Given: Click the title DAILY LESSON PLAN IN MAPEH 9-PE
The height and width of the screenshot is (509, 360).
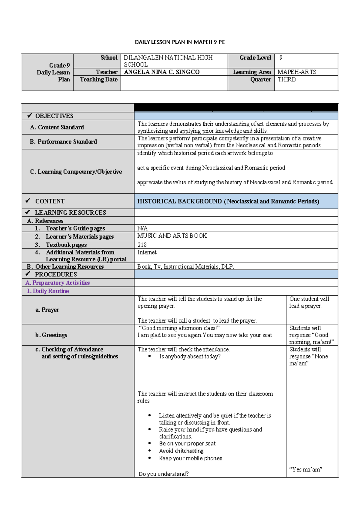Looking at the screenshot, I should pyautogui.click(x=180, y=42).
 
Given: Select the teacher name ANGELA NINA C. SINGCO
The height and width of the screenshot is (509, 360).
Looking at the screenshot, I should pyautogui.click(x=162, y=72).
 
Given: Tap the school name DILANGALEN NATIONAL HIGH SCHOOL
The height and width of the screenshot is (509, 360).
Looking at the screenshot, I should pyautogui.click(x=168, y=61).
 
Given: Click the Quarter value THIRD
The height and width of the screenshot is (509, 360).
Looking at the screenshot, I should pyautogui.click(x=287, y=80).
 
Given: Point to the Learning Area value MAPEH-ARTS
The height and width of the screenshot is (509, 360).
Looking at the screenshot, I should pyautogui.click(x=297, y=72).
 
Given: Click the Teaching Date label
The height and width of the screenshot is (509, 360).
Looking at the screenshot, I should pyautogui.click(x=99, y=80).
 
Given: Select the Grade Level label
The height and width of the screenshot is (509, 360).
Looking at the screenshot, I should pyautogui.click(x=255, y=58).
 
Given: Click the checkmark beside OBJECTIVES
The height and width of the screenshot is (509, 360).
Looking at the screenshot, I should pyautogui.click(x=29, y=116).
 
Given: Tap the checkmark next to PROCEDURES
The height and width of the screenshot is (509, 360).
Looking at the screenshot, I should pyautogui.click(x=28, y=274).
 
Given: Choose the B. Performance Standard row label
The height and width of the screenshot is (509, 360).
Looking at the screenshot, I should pyautogui.click(x=63, y=142).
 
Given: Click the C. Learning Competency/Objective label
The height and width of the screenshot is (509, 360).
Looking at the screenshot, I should pyautogui.click(x=76, y=172).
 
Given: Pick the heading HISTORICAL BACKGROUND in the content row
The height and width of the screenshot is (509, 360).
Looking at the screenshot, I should pyautogui.click(x=179, y=201).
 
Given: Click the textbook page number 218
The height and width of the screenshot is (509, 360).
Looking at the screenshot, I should pyautogui.click(x=142, y=245).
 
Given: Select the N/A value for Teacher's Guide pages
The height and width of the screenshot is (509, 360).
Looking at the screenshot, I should pyautogui.click(x=142, y=228).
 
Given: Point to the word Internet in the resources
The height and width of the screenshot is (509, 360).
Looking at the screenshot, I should pyautogui.click(x=147, y=252).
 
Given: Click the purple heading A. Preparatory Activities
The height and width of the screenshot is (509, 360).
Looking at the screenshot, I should pyautogui.click(x=58, y=283).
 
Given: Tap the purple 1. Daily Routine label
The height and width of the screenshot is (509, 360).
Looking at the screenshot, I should pyautogui.click(x=48, y=291).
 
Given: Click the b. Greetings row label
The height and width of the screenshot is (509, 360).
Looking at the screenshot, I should pyautogui.click(x=51, y=335).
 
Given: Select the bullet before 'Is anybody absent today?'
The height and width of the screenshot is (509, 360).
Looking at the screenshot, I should pyautogui.click(x=149, y=356).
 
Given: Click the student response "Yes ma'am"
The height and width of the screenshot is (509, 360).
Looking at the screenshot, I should pyautogui.click(x=306, y=470).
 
